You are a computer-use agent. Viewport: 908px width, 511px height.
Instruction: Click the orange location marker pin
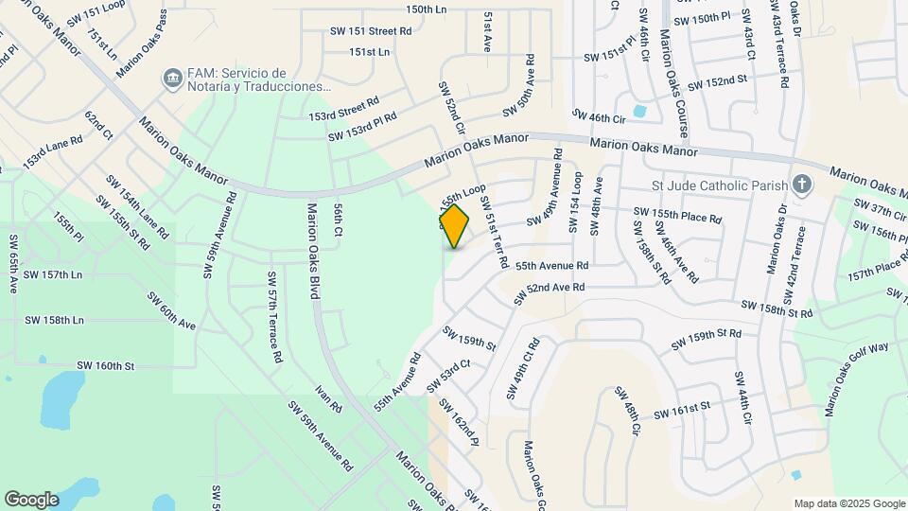tap(455, 226)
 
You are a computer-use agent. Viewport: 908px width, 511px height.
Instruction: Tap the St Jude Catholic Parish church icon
tap(802, 184)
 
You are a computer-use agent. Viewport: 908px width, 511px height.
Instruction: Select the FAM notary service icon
tap(172, 79)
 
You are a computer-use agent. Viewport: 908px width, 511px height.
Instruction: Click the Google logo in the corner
tap(31, 499)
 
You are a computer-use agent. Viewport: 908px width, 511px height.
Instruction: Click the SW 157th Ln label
tap(53, 274)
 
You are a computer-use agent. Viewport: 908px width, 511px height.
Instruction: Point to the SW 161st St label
tap(680, 408)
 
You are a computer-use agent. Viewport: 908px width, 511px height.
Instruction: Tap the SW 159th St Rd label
tap(706, 340)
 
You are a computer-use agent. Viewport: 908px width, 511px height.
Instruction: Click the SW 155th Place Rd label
tap(677, 215)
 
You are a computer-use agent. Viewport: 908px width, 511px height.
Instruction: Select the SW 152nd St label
tap(718, 84)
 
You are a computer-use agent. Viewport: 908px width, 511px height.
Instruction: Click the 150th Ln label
tap(426, 9)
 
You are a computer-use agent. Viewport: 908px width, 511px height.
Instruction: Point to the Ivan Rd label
tap(330, 399)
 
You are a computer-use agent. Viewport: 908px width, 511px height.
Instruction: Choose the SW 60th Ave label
tap(170, 310)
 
